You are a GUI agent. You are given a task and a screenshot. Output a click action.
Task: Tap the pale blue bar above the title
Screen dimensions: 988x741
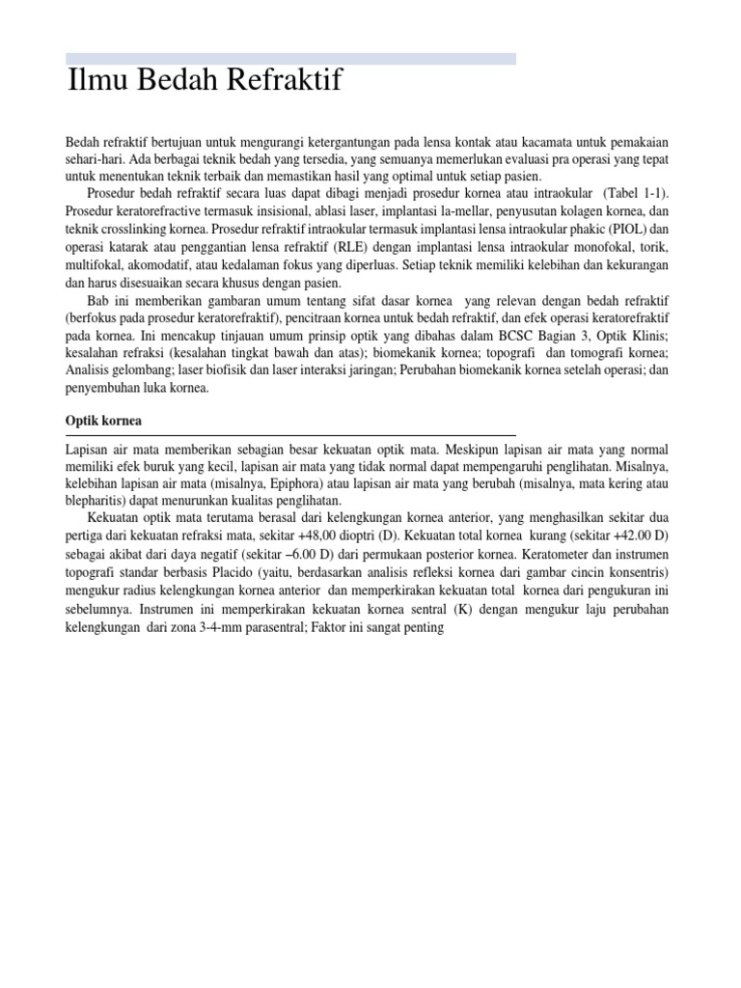coord(290,59)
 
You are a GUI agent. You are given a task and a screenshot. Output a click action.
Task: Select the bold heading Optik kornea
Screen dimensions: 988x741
coord(103,422)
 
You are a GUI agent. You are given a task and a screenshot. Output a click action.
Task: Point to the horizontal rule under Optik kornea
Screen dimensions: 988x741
coord(290,435)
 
